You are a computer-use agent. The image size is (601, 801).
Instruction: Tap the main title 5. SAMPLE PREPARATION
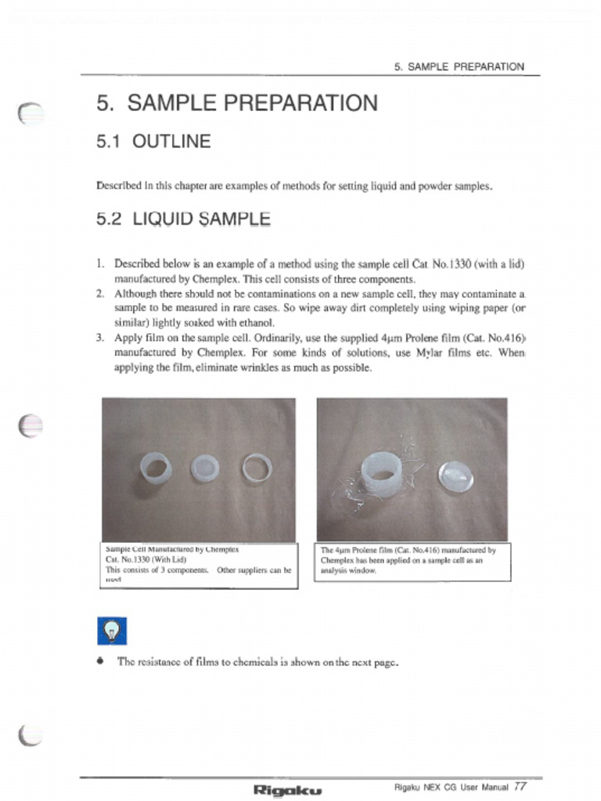tap(236, 102)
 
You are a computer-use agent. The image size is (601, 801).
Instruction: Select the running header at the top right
tap(459, 67)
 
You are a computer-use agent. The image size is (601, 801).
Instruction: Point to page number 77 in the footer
tap(520, 786)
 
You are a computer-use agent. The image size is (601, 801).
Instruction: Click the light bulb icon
tap(112, 630)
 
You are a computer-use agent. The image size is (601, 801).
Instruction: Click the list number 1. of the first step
tap(101, 264)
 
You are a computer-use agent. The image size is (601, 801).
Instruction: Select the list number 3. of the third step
tap(101, 338)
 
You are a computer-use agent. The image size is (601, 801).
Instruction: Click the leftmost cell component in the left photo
tap(155, 468)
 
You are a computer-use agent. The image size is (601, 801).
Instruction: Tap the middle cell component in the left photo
tap(206, 468)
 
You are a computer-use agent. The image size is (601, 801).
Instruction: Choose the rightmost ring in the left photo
tap(257, 468)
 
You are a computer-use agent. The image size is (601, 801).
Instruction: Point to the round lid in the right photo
tap(455, 476)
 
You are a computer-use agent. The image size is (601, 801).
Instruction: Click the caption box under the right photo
tap(412, 561)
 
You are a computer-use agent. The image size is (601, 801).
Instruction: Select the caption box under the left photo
tap(200, 565)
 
